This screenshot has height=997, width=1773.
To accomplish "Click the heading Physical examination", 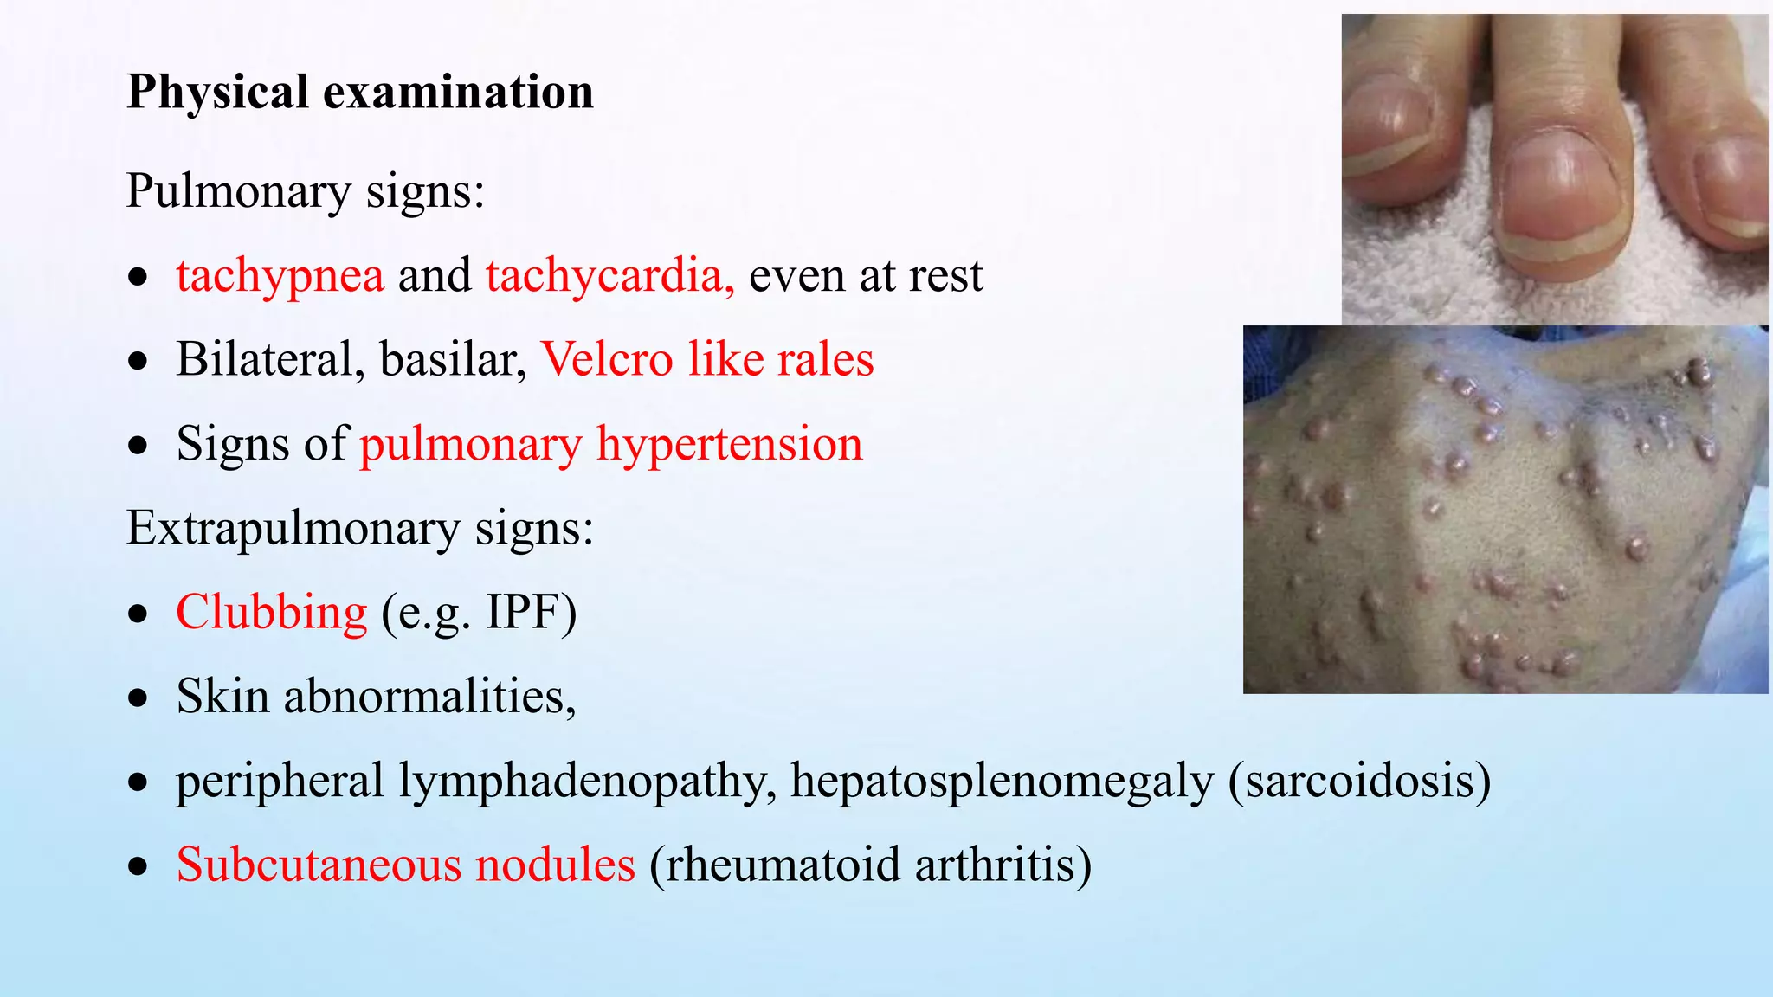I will coord(360,92).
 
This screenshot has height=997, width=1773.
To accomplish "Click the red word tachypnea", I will coord(280,276).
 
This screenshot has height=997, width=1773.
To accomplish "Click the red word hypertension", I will coord(729,445).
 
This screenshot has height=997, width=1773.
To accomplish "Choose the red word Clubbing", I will coord(272,613).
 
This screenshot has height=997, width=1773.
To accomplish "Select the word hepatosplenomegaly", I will coord(1002,782).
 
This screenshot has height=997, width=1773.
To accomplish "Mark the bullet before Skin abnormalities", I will coord(139,698).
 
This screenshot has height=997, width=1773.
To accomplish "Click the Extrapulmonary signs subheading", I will coord(359,528).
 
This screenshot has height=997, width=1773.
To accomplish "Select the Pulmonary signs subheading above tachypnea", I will coord(305,191).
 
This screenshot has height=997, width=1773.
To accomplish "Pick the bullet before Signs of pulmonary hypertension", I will coord(139,446).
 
